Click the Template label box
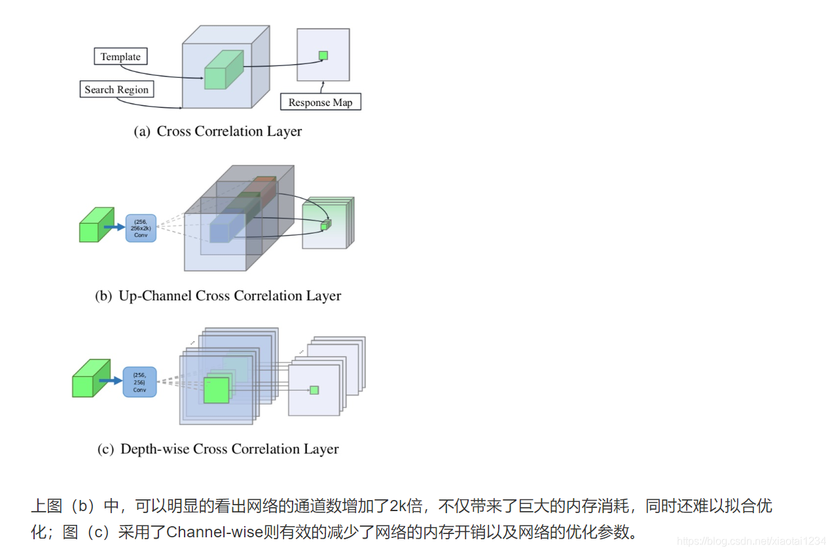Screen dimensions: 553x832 [x=120, y=57]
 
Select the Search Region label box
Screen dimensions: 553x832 [x=117, y=90]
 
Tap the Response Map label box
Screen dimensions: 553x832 [x=320, y=102]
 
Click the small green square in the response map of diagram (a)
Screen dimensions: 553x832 [x=323, y=56]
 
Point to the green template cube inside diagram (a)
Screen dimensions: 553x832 [x=218, y=71]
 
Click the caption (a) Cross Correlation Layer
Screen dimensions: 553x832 [x=218, y=132]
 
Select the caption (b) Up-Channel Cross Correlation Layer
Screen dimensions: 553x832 [x=218, y=296]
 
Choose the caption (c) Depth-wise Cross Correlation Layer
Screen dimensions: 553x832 [x=218, y=449]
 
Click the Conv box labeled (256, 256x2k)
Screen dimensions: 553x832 [x=141, y=228]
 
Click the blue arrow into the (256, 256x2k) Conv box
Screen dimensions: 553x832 [x=114, y=228]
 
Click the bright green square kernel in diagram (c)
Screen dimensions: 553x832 [x=216, y=391]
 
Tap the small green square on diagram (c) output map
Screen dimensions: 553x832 [x=314, y=390]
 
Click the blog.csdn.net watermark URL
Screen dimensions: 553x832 [x=751, y=541]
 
